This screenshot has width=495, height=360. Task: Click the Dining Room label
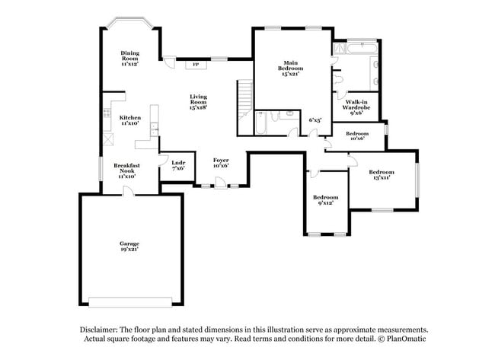tap(130, 59)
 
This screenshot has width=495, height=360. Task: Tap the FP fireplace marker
tap(196, 65)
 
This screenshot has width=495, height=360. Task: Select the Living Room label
tap(199, 101)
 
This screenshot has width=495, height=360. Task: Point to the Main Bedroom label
tap(289, 68)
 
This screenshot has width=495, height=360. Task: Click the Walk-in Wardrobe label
tap(356, 107)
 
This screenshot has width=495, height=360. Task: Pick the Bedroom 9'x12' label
tap(325, 199)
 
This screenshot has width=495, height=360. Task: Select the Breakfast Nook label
tap(126, 170)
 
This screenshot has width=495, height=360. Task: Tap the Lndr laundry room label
tap(178, 166)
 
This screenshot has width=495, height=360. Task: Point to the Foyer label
tap(221, 163)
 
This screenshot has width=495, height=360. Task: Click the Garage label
tap(129, 246)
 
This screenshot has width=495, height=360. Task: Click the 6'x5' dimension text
tap(315, 119)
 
